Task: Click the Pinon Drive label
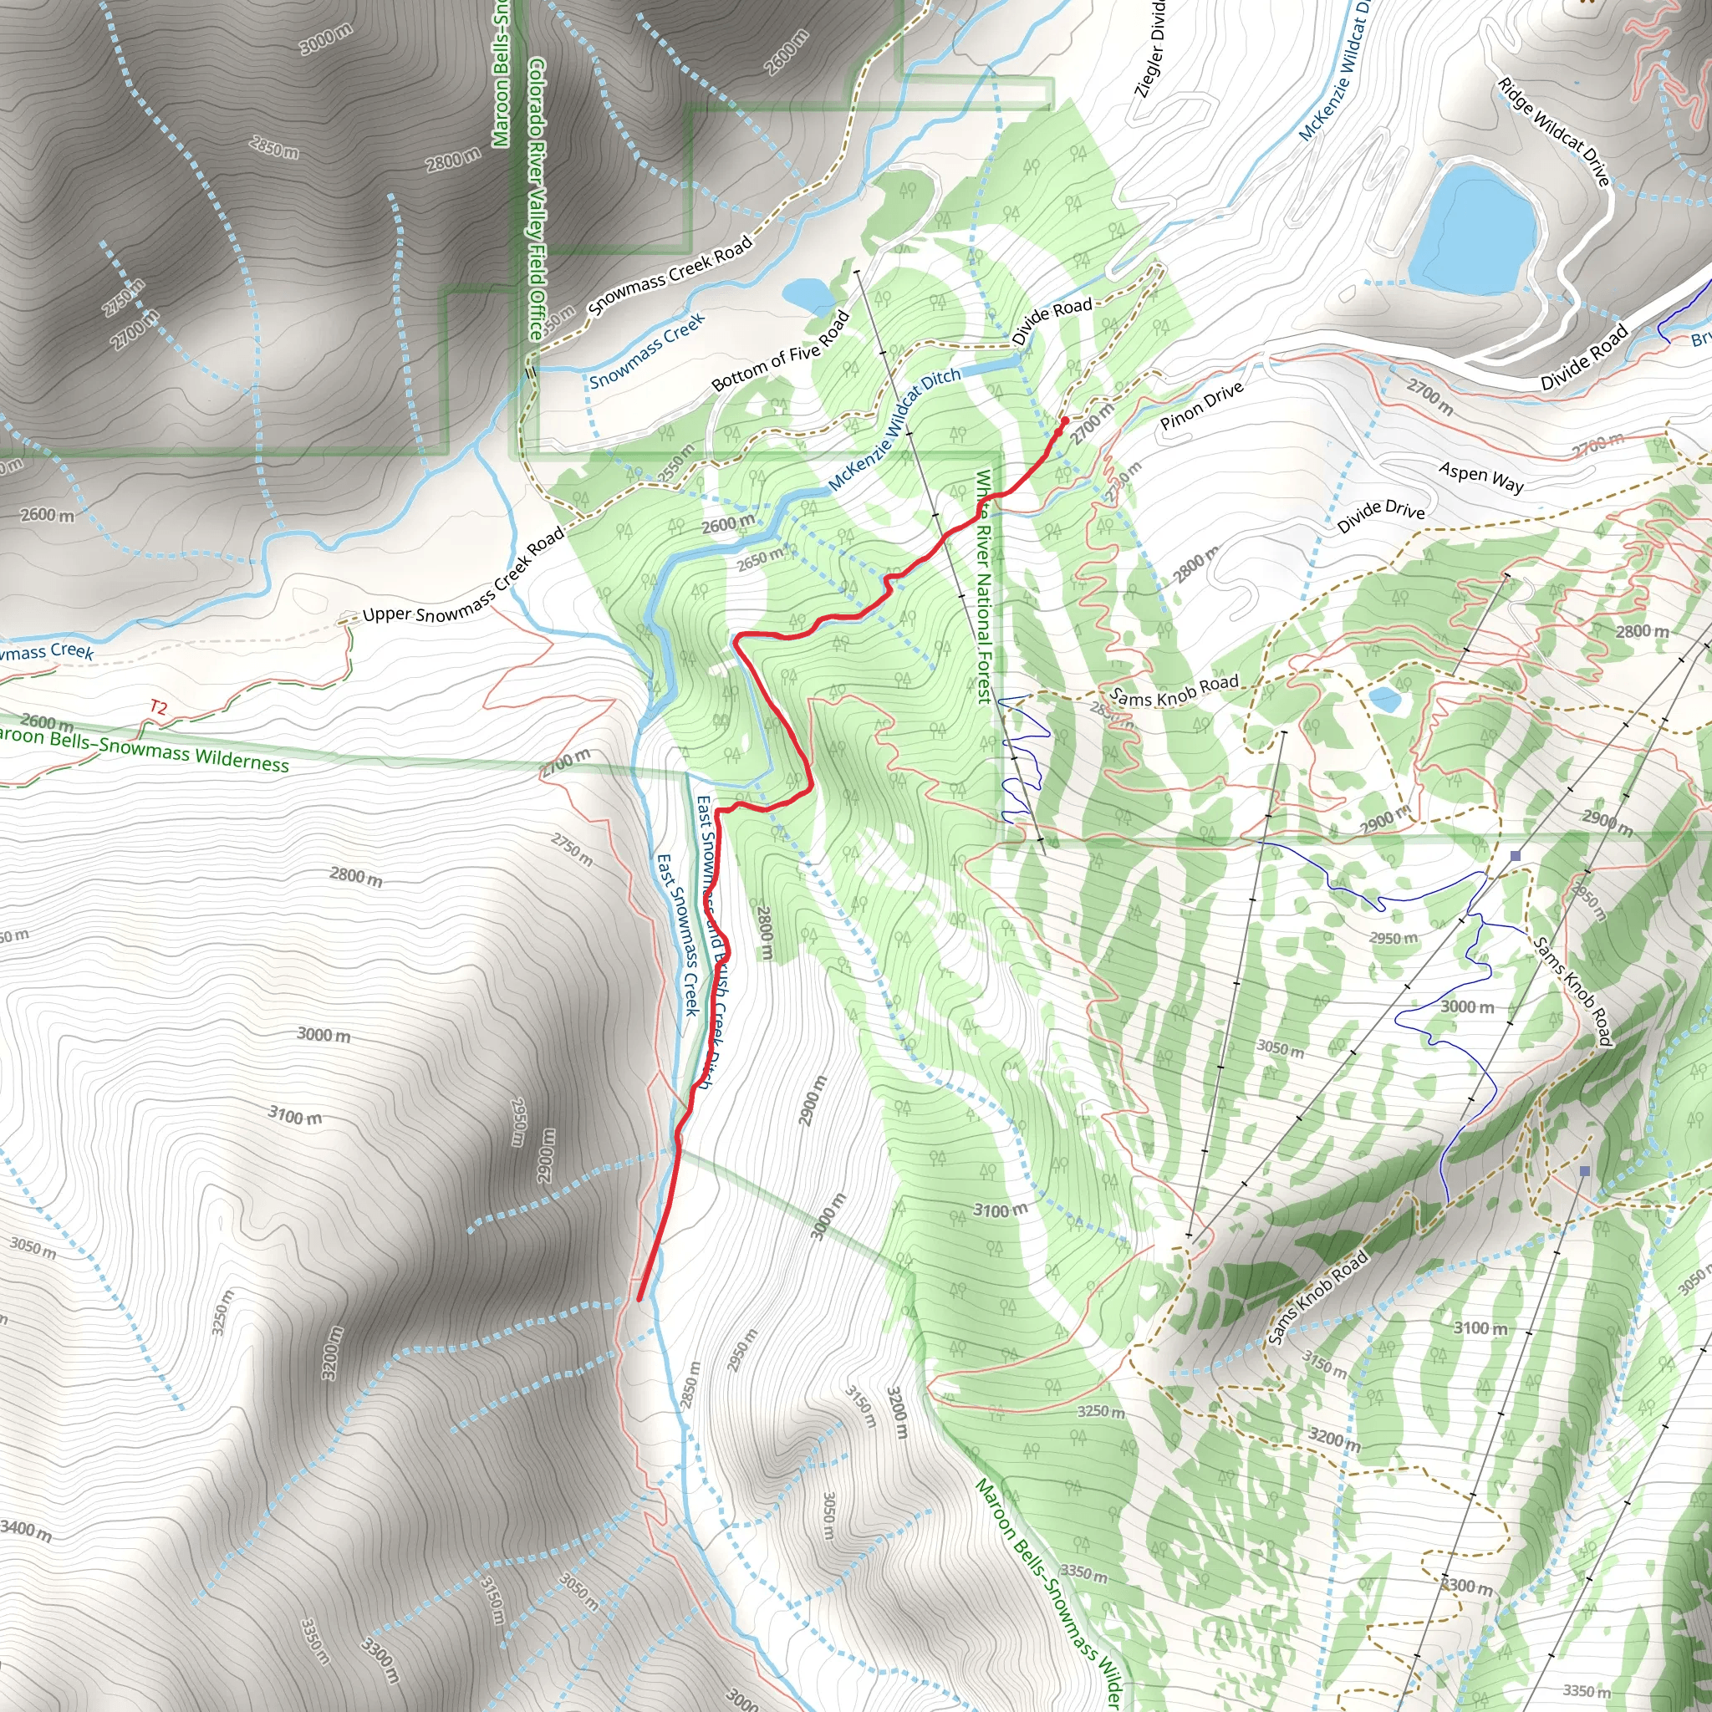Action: pyautogui.click(x=1201, y=405)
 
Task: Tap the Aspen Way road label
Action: pyautogui.click(x=1480, y=477)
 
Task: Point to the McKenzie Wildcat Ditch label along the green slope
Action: pyautogui.click(x=894, y=429)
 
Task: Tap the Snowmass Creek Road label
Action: pyautogui.click(x=670, y=275)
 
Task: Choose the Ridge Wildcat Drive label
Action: pyautogui.click(x=1553, y=132)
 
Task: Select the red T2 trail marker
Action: pyautogui.click(x=158, y=707)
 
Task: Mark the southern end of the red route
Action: pyautogui.click(x=639, y=1299)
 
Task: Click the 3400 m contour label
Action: pyautogui.click(x=26, y=1530)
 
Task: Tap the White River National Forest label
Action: pyautogui.click(x=983, y=587)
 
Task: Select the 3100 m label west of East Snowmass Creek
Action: pyautogui.click(x=295, y=1115)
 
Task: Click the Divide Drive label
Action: pyautogui.click(x=1381, y=517)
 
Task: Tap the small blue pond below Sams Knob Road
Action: pyautogui.click(x=1385, y=701)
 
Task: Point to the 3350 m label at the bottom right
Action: pyautogui.click(x=1586, y=1691)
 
